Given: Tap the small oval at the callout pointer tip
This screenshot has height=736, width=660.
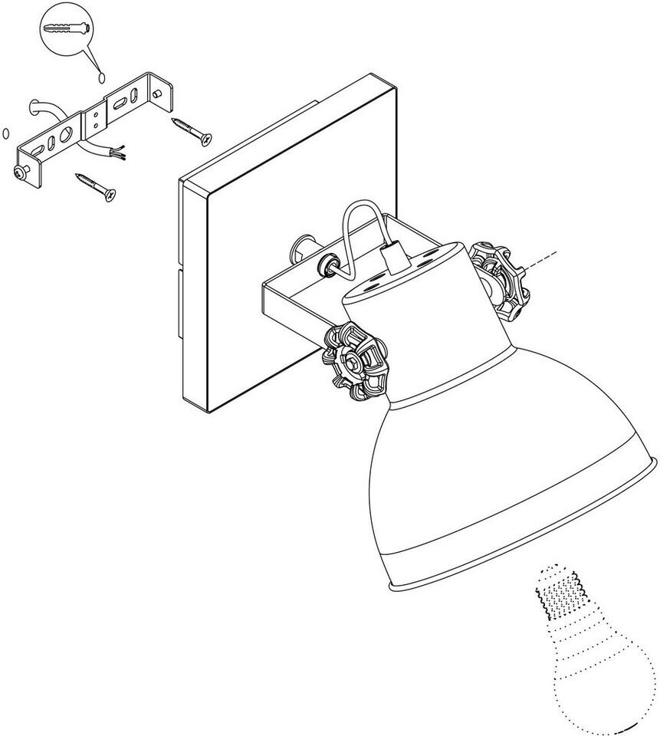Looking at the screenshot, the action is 101,77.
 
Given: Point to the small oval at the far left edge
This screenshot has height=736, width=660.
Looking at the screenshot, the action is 6,133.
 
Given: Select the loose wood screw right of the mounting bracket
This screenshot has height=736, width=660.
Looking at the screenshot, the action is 191,130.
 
